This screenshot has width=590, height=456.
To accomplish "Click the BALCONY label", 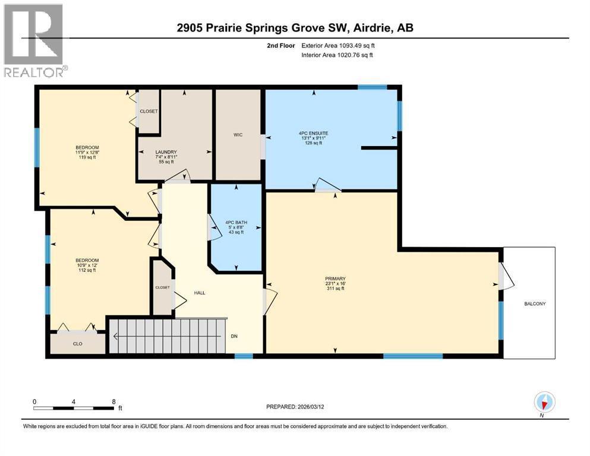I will pos(534,303).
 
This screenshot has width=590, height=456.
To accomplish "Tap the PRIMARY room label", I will pos(335,278).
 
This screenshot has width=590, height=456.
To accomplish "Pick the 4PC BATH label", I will pos(236,223).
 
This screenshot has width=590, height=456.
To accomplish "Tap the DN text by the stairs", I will pos(235,335).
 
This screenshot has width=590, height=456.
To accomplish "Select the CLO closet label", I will pos(78,343).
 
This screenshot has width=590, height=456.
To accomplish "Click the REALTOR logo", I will pos(34,40).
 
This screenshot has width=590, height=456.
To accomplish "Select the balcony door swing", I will pos(504,277).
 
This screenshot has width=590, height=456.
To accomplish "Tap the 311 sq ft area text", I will pos(335,289).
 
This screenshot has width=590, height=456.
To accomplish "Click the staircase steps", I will pos(166,337).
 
